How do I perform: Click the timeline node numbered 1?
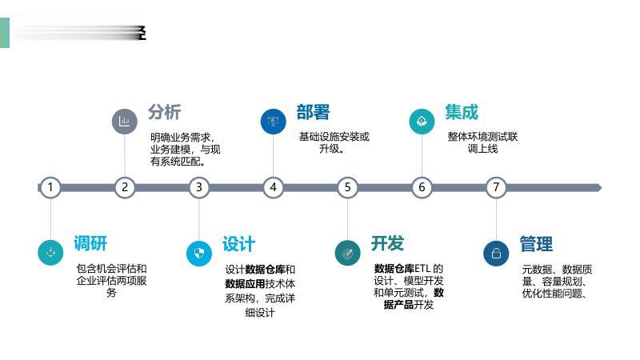tap(50, 187)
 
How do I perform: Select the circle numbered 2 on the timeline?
tap(124, 187)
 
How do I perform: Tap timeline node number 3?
tap(199, 187)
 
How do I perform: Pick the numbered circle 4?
tap(274, 187)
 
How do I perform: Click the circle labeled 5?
tap(347, 187)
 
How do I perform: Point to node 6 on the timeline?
tap(422, 187)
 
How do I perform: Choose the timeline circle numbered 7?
tap(496, 187)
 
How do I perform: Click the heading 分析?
tap(164, 112)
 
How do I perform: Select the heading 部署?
tap(313, 112)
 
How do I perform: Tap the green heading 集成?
tap(462, 112)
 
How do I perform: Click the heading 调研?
tap(90, 243)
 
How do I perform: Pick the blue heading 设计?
tap(238, 243)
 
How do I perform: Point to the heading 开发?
tap(387, 243)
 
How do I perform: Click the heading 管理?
tap(536, 243)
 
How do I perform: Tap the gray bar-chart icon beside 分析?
tap(124, 122)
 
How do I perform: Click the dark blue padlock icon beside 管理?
tap(496, 253)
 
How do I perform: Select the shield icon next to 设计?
tap(199, 253)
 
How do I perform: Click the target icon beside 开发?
tap(347, 253)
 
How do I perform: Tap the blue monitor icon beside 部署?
tap(274, 122)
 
